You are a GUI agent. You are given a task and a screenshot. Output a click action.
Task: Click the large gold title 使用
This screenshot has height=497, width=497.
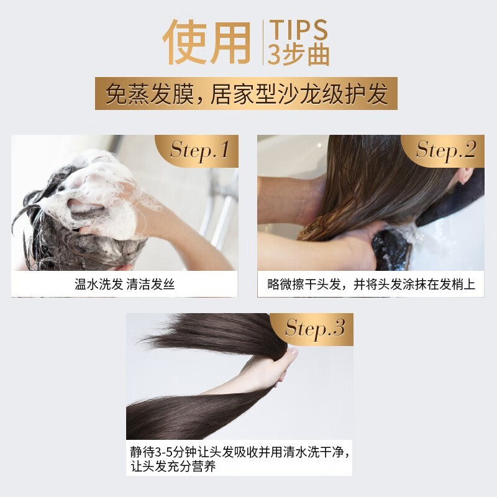207,42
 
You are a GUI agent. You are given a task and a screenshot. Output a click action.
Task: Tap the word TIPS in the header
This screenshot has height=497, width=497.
298,30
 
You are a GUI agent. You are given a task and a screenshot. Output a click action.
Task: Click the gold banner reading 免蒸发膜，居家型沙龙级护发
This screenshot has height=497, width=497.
246,94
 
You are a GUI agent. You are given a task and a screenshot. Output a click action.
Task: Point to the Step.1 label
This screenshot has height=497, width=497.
199,150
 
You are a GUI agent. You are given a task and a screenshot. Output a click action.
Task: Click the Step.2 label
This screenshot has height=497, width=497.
446,150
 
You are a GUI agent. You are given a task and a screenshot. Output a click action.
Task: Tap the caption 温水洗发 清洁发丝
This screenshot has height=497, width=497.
125,284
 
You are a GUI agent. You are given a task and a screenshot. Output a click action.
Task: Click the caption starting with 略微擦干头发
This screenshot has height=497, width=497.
371,285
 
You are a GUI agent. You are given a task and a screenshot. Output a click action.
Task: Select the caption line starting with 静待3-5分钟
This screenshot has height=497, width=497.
240,452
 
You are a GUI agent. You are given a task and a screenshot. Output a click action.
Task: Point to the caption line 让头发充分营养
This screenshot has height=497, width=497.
173,467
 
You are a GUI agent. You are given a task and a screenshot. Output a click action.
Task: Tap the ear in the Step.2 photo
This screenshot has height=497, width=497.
465,175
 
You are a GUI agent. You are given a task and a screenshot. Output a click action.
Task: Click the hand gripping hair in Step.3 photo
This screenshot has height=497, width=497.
279,368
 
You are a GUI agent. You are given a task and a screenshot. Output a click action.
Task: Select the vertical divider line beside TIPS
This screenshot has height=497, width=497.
263,42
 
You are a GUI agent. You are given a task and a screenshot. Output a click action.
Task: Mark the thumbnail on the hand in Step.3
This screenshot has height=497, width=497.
293,352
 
